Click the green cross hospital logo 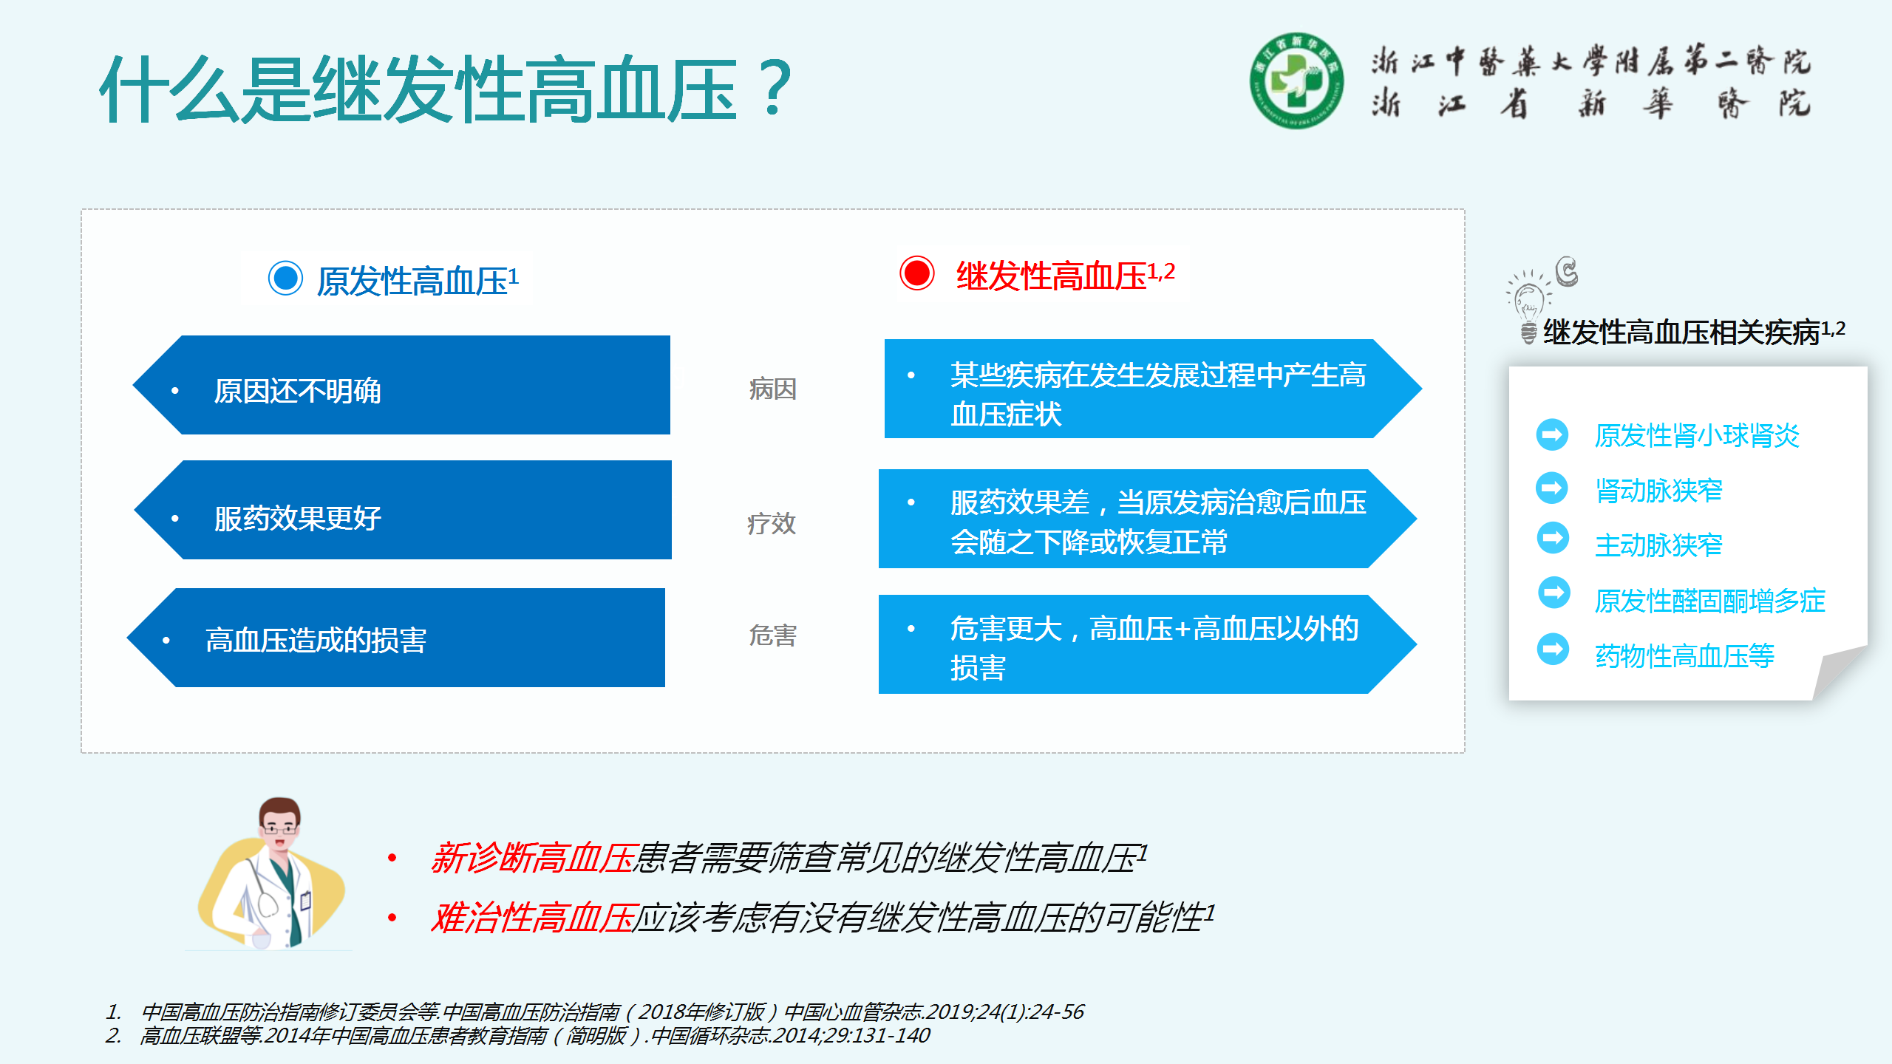pyautogui.click(x=1296, y=81)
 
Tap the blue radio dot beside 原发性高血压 pyautogui.click(x=285, y=279)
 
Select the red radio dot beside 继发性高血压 pyautogui.click(x=917, y=273)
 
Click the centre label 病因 pyautogui.click(x=772, y=389)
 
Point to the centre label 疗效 pyautogui.click(x=772, y=523)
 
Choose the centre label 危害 pyautogui.click(x=772, y=635)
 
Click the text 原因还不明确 pyautogui.click(x=297, y=391)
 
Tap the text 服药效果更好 pyautogui.click(x=297, y=518)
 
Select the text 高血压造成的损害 pyautogui.click(x=316, y=640)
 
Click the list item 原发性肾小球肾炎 pyautogui.click(x=1697, y=435)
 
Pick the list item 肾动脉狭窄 pyautogui.click(x=1658, y=490)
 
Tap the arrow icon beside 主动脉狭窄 pyautogui.click(x=1553, y=538)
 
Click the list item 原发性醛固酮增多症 pyautogui.click(x=1709, y=601)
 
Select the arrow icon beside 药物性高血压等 pyautogui.click(x=1553, y=649)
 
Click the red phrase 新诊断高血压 pyautogui.click(x=532, y=858)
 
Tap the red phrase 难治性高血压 pyautogui.click(x=532, y=918)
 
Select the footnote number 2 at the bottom pyautogui.click(x=113, y=1035)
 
